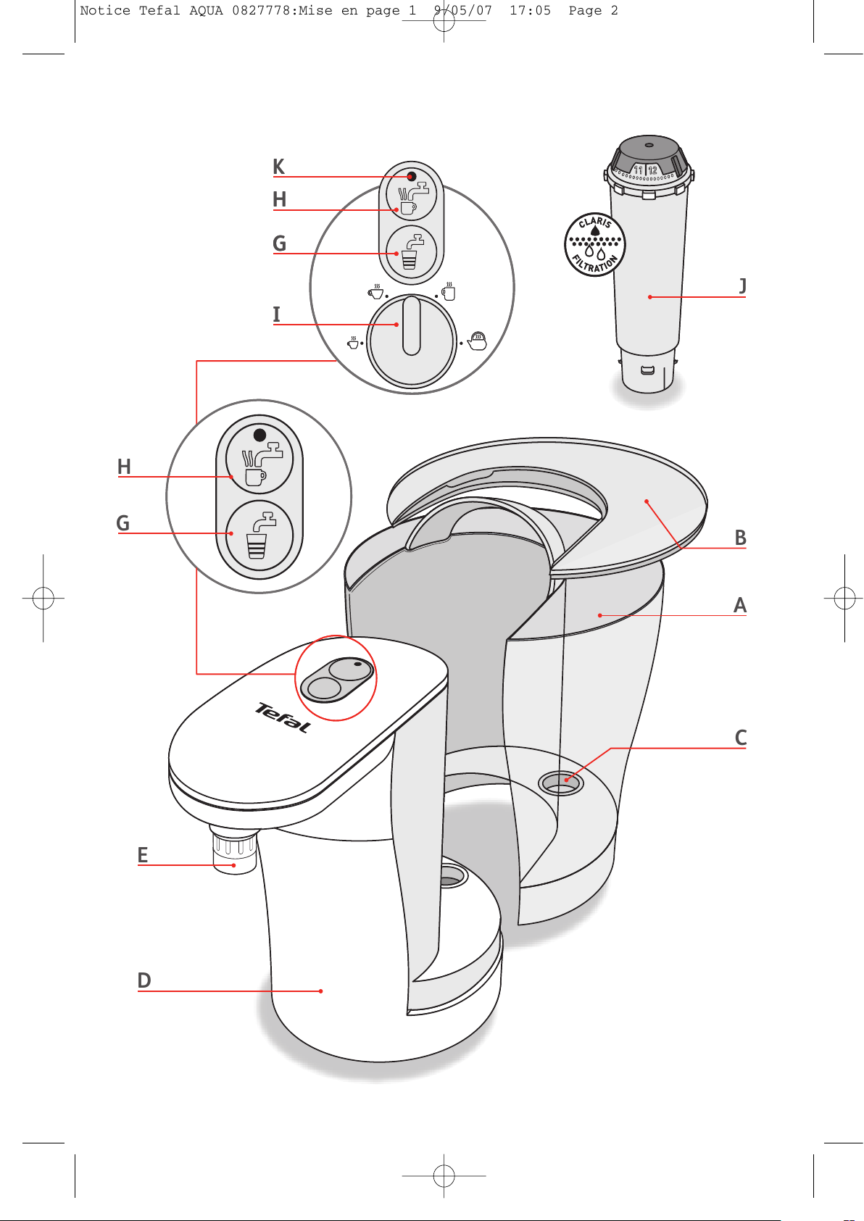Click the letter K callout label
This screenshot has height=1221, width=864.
(278, 167)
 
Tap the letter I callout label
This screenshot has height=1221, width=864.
(276, 314)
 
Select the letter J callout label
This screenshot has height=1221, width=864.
(742, 286)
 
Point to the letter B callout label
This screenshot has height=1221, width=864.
(740, 538)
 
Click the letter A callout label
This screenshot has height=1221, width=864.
(740, 605)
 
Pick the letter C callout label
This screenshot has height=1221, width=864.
(740, 738)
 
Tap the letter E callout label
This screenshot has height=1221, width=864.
(143, 855)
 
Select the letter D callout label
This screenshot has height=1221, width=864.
(144, 980)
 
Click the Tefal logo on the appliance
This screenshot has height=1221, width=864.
(283, 717)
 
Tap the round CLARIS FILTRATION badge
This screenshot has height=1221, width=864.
(594, 245)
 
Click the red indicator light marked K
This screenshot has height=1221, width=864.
(412, 177)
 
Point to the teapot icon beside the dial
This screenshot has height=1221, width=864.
(477, 341)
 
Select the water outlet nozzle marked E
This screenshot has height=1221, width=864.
(234, 850)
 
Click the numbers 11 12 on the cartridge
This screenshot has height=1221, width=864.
(645, 170)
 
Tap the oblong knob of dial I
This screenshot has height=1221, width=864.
(412, 325)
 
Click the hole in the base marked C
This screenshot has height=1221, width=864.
(560, 783)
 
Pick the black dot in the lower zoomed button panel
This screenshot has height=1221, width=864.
(260, 435)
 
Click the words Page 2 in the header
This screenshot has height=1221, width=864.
(593, 10)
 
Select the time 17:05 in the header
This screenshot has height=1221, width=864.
(531, 10)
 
